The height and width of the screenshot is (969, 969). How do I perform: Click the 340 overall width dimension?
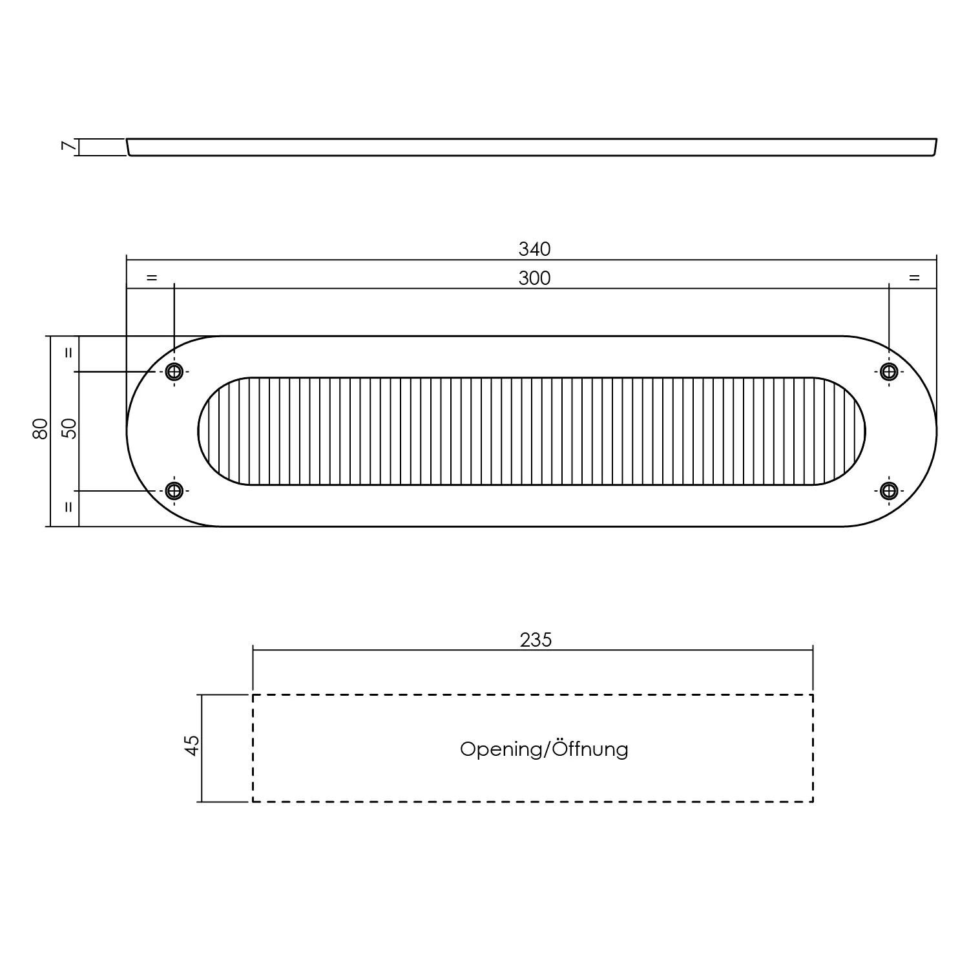(534, 249)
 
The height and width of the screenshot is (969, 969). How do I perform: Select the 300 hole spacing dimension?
(534, 278)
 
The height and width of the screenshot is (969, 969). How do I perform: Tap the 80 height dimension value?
(40, 428)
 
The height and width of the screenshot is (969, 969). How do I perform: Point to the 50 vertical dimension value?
(69, 428)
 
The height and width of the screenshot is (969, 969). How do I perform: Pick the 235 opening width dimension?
(536, 640)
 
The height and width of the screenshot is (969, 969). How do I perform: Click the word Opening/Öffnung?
(543, 749)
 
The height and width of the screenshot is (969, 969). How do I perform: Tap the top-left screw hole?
(174, 371)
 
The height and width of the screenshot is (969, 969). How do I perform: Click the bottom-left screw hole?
(174, 491)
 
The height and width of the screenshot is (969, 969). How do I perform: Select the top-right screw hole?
(889, 371)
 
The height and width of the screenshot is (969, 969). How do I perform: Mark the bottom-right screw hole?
(889, 491)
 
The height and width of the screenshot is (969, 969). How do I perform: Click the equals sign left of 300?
(151, 278)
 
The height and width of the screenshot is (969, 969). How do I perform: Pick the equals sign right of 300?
(913, 278)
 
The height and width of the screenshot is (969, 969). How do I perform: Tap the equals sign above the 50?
(69, 353)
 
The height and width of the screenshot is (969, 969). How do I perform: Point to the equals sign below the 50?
(69, 507)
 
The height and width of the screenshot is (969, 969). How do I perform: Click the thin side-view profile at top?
(531, 147)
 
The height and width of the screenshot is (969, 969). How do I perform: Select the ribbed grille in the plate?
(531, 431)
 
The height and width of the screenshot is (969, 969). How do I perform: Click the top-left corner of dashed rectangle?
(253, 695)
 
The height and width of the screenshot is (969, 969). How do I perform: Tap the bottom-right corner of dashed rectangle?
(812, 801)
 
